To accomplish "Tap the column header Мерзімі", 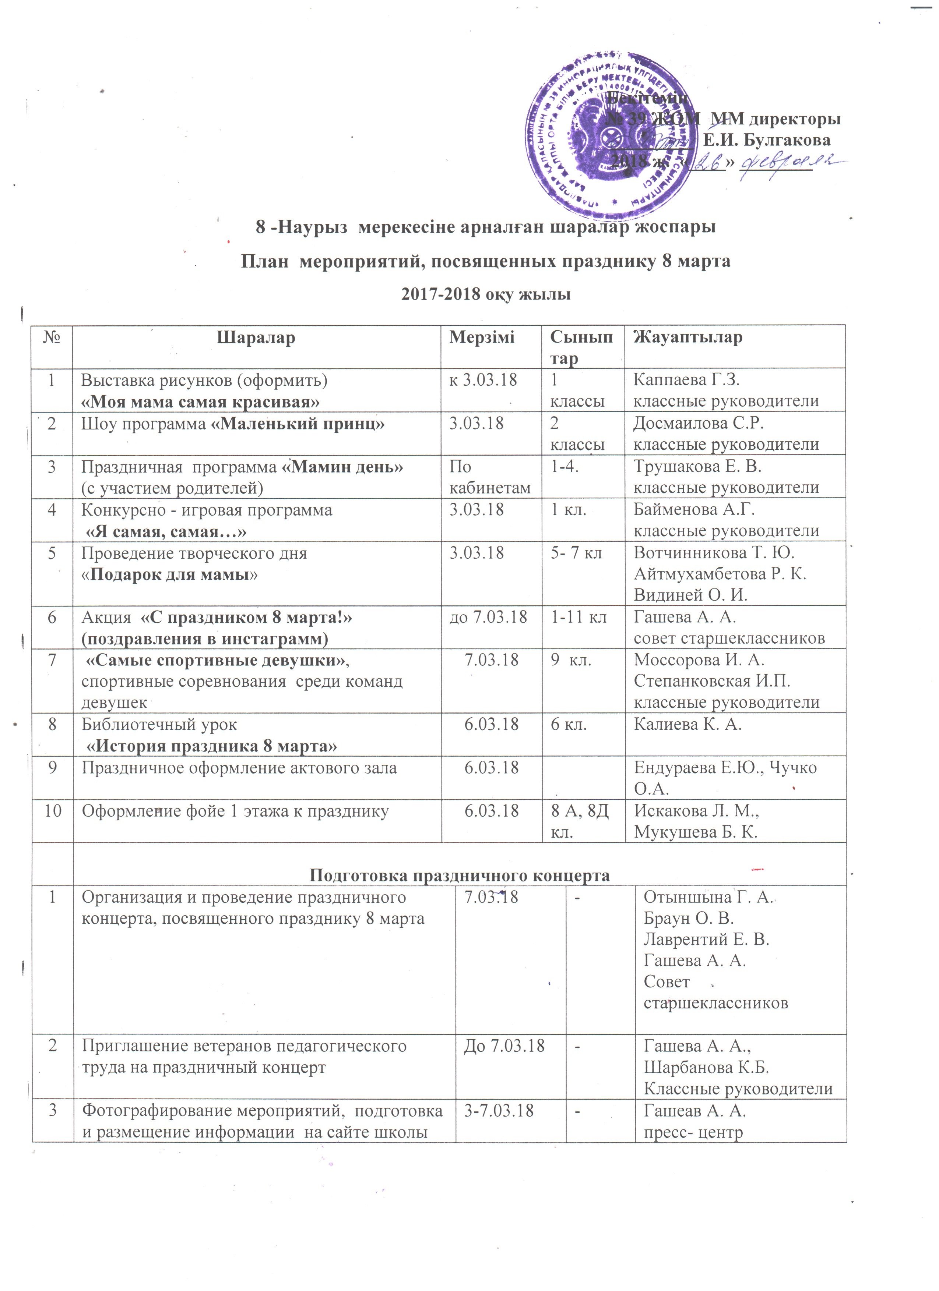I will point(482,337).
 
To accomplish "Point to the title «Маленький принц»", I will point(298,424).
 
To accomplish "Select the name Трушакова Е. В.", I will point(697,467).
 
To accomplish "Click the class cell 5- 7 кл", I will point(576,553).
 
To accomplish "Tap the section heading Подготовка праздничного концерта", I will point(459,876).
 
